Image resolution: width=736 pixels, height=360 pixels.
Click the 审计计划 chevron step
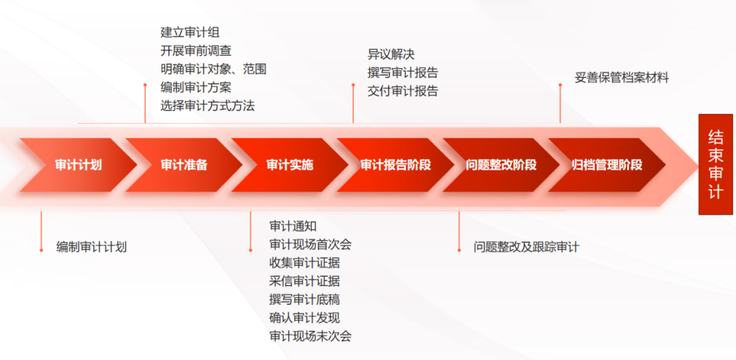coord(78,165)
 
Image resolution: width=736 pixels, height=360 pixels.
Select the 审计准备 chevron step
coord(184,165)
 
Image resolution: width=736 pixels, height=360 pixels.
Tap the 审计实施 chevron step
coord(290,165)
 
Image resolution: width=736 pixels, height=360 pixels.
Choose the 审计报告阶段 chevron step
coord(395,165)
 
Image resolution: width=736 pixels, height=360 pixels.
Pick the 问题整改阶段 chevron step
coord(501,165)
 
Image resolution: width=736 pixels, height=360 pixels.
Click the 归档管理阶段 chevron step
coord(607,165)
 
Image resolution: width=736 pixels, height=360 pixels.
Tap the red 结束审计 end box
coord(716,164)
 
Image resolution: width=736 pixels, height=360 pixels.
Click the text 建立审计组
coord(189,33)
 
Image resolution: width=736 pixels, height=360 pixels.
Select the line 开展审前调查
coord(196,51)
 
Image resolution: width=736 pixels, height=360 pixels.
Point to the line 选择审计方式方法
coord(207,106)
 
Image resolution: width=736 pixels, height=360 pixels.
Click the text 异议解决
coord(391,55)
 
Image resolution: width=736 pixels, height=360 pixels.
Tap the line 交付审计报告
coord(403,91)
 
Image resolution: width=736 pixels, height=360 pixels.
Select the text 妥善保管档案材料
coord(622,78)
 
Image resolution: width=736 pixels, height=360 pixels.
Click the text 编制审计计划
coord(91,247)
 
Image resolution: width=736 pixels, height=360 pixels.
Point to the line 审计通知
coord(293,226)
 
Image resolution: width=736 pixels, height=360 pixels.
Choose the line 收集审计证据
coord(305,263)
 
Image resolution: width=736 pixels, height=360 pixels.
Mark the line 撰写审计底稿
coord(305,299)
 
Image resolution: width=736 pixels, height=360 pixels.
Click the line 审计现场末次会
coord(310,336)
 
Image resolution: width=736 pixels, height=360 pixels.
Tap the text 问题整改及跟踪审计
coord(526,247)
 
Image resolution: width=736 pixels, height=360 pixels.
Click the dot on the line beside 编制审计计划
coord(42,250)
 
